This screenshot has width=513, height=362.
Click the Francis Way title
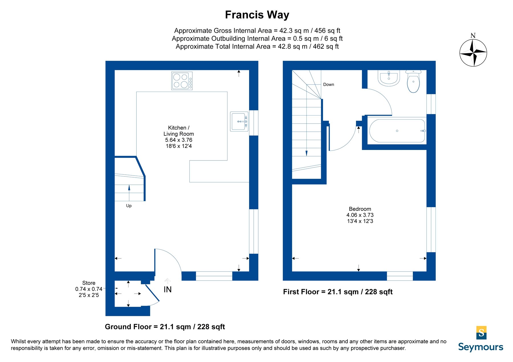click(257, 15)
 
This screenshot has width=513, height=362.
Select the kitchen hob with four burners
click(182, 81)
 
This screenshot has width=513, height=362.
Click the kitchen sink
click(239, 121)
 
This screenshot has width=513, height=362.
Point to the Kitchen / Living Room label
click(179, 131)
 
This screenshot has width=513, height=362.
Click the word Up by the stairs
click(129, 206)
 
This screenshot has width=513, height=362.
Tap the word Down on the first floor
click(329, 85)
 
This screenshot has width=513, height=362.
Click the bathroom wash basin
click(389, 78)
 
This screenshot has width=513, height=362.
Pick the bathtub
click(397, 131)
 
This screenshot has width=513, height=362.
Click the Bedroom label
click(360, 209)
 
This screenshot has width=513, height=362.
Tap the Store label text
click(89, 283)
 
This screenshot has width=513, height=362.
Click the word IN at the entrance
click(168, 289)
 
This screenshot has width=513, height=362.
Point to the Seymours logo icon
click(481, 333)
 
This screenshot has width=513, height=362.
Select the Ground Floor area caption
click(165, 327)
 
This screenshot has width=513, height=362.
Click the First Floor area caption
click(338, 292)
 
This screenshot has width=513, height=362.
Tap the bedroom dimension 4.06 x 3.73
click(360, 215)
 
